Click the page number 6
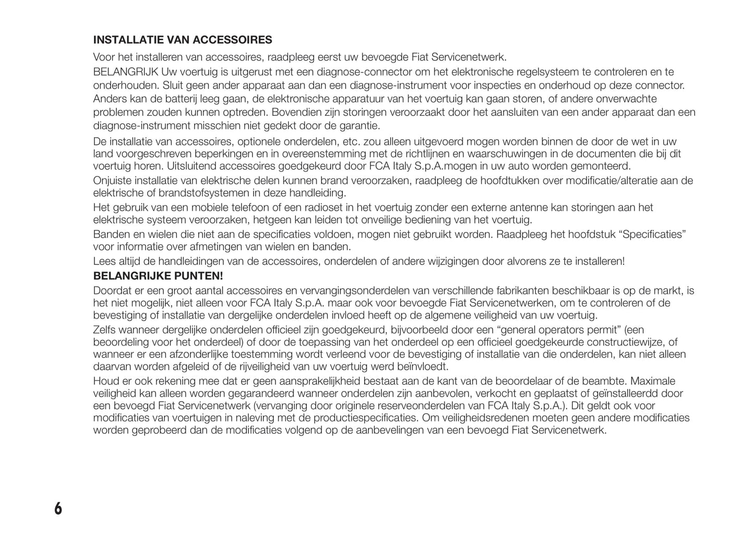(x=57, y=508)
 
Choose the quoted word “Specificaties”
(x=652, y=234)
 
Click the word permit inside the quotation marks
(x=602, y=330)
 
